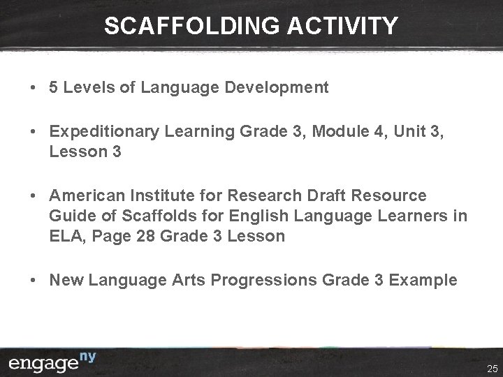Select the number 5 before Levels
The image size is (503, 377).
pos(54,87)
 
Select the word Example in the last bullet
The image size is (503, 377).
pos(423,280)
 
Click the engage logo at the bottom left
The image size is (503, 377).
pos(53,362)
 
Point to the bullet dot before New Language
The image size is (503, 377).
pos(34,280)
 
